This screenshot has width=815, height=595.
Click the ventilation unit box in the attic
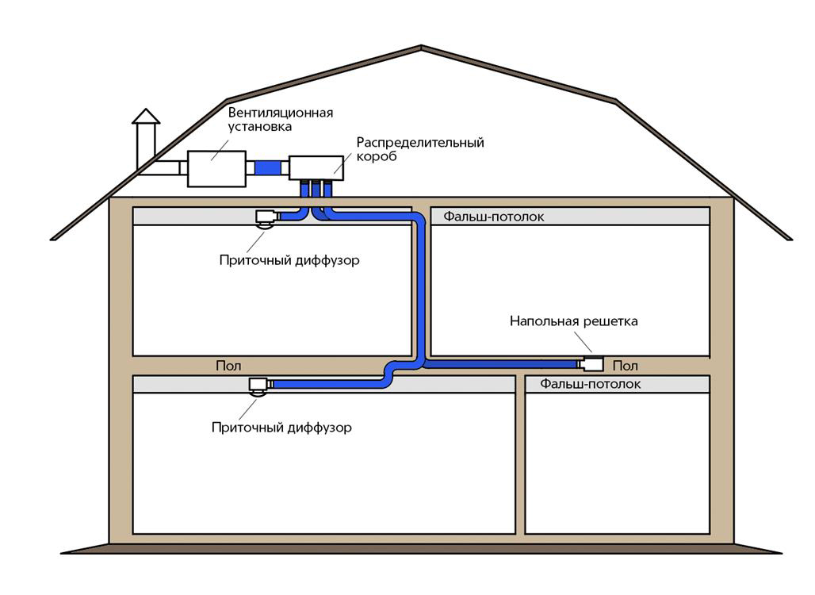tap(216, 168)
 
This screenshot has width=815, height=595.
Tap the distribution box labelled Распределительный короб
tap(316, 168)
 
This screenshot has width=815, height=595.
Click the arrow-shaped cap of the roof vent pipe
tap(146, 117)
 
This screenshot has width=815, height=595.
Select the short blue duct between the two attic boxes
tap(270, 168)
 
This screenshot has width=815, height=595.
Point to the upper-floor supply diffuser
tap(265, 218)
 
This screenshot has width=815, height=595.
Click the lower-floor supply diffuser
tap(258, 386)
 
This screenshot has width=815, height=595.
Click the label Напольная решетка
tap(573, 321)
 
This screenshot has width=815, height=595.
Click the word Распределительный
tap(419, 143)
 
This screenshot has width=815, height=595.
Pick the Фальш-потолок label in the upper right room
tap(493, 217)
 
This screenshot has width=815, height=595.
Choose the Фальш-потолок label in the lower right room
tap(591, 384)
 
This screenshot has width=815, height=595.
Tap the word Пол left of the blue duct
tap(228, 366)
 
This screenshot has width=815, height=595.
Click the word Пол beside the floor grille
tap(625, 366)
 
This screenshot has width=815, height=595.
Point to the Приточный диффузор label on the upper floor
tap(289, 260)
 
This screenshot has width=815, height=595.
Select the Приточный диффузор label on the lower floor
tap(281, 428)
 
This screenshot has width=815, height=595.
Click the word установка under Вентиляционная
tap(260, 126)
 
